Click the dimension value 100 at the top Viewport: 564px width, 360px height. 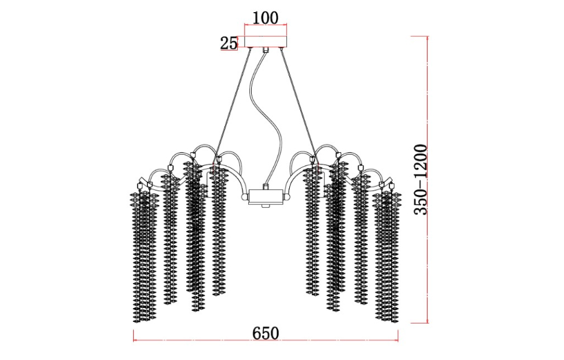tap(266, 17)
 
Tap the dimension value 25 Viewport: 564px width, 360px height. tap(228, 43)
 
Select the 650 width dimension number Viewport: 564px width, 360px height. tap(266, 333)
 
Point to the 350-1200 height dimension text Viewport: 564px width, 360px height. tap(420, 179)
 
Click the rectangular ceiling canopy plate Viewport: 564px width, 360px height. tap(266, 42)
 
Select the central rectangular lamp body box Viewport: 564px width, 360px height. tap(266, 197)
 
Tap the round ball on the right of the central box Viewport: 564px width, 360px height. tap(287, 197)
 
